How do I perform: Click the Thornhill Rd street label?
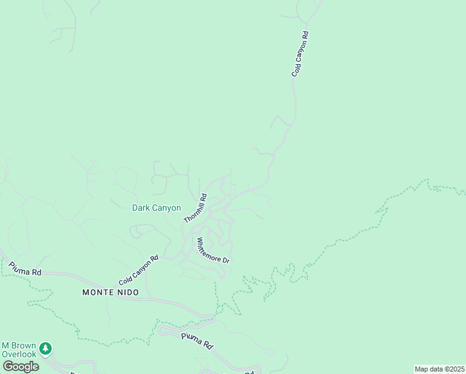[x=195, y=209]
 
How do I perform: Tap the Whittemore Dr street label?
[x=213, y=250]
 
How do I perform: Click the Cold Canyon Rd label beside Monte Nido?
[x=138, y=271]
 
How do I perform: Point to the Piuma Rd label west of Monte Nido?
[x=25, y=269]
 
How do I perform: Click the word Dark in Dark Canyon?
[x=141, y=208]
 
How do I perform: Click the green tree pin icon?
[x=45, y=348]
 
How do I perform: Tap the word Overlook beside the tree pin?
[x=20, y=354]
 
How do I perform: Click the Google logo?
[x=21, y=367]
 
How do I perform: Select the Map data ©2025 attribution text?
[x=439, y=369]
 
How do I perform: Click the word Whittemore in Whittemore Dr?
[x=209, y=247]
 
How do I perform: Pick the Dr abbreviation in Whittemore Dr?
[x=227, y=260]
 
